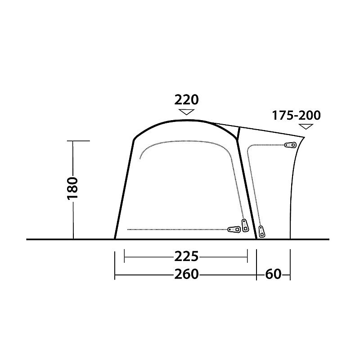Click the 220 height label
pos(186,99)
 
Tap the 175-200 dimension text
pos(296,116)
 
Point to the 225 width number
pos(186,256)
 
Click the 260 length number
pos(186,274)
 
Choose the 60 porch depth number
pos(273,274)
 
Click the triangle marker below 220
pos(186,112)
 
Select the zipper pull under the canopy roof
pos(289,145)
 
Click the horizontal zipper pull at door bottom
pos(234,229)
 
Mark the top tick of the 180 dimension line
pos(81,141)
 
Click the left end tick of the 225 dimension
pos(124,257)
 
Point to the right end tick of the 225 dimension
pos(247,257)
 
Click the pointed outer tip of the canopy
pos(305,137)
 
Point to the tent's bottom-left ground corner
pos(115,238)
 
